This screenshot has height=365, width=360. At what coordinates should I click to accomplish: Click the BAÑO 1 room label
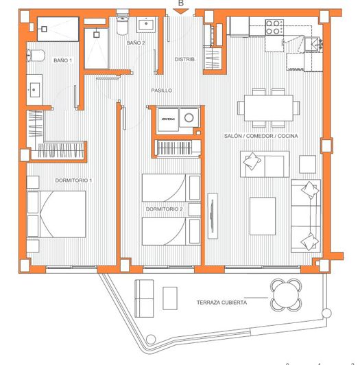[x=63, y=60]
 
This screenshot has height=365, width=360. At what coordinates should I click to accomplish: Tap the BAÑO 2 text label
[x=136, y=43]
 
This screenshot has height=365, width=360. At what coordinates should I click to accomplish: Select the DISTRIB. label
[x=185, y=59]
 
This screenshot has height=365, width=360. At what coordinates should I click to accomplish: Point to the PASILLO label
[x=162, y=90]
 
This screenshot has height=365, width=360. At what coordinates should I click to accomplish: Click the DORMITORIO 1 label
[x=73, y=180]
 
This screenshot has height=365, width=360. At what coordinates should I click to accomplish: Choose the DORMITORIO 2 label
[x=164, y=209]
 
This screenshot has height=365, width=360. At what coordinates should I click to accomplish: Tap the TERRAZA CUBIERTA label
[x=221, y=302]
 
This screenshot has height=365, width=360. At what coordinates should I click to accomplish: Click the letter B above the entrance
[x=181, y=3]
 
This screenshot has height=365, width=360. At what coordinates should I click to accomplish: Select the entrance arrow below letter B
[x=181, y=12]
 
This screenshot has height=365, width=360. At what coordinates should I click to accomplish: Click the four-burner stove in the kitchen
[x=274, y=27]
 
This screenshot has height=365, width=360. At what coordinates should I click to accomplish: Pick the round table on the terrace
[x=285, y=295]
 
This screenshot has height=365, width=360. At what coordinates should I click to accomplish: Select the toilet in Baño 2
[x=122, y=26]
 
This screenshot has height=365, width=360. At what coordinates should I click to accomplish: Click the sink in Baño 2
[x=146, y=25]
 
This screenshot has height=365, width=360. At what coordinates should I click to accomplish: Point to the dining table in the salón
[x=268, y=108]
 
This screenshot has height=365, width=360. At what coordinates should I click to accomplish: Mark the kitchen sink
[x=315, y=43]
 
